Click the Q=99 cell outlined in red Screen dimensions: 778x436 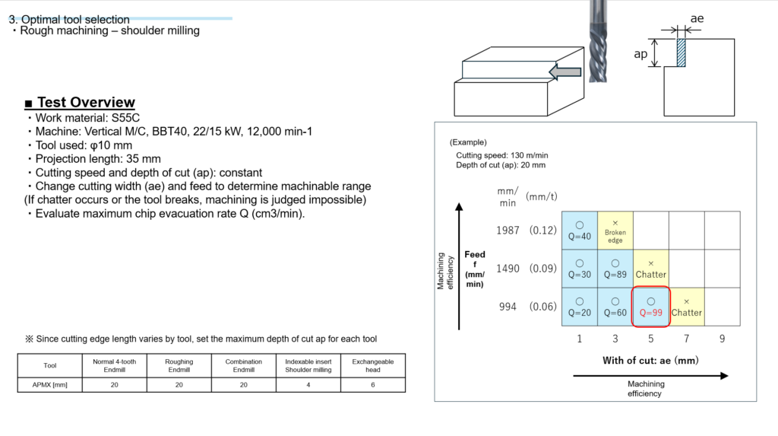click(651, 307)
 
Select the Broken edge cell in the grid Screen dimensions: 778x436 click(615, 231)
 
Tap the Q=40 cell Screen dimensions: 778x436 click(580, 231)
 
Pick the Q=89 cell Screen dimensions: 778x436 click(615, 269)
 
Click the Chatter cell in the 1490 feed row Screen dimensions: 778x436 click(651, 269)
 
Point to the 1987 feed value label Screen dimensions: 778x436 click(508, 231)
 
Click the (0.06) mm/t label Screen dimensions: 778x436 click(542, 307)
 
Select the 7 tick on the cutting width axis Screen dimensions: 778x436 click(687, 339)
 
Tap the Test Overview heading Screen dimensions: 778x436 click(80, 102)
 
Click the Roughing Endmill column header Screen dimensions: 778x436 click(179, 365)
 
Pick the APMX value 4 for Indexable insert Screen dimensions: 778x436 click(308, 385)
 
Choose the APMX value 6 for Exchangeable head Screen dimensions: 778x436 click(372, 385)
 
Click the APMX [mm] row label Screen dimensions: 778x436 click(49, 385)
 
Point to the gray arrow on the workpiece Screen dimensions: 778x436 click(565, 72)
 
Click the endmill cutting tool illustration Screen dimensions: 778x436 click(598, 41)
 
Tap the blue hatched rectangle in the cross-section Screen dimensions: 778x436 click(682, 53)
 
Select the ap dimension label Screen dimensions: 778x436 click(640, 54)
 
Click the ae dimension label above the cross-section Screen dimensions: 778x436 click(697, 18)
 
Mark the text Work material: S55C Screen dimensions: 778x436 click(87, 118)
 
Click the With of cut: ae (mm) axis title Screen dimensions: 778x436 click(650, 361)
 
